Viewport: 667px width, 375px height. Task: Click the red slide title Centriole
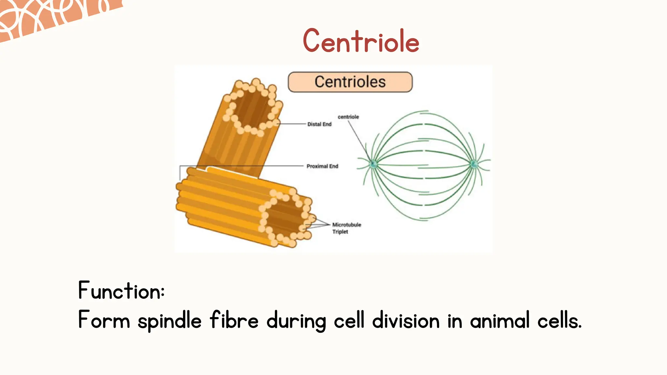click(361, 41)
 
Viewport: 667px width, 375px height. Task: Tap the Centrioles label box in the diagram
click(350, 82)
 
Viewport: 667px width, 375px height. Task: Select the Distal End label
click(319, 124)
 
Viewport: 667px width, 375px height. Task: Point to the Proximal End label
click(322, 166)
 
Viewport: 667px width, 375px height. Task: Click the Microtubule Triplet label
click(346, 228)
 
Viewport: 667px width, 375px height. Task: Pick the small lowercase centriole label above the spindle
click(348, 117)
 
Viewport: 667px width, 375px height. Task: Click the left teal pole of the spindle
click(374, 164)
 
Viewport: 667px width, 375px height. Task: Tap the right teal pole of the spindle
click(474, 164)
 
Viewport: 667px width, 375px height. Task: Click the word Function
click(121, 290)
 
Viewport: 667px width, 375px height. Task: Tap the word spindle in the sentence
click(169, 321)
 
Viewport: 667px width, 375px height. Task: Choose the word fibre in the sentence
click(234, 320)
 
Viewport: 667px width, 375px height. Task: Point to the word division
click(406, 320)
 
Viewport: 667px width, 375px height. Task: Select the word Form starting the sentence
click(104, 320)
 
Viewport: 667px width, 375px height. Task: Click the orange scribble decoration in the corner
click(49, 16)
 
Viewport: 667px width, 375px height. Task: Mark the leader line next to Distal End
click(291, 124)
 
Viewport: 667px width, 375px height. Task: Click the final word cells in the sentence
click(559, 320)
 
